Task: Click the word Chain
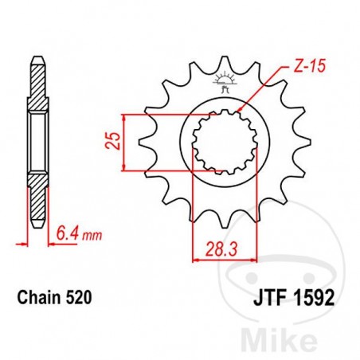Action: pyautogui.click(x=37, y=298)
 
